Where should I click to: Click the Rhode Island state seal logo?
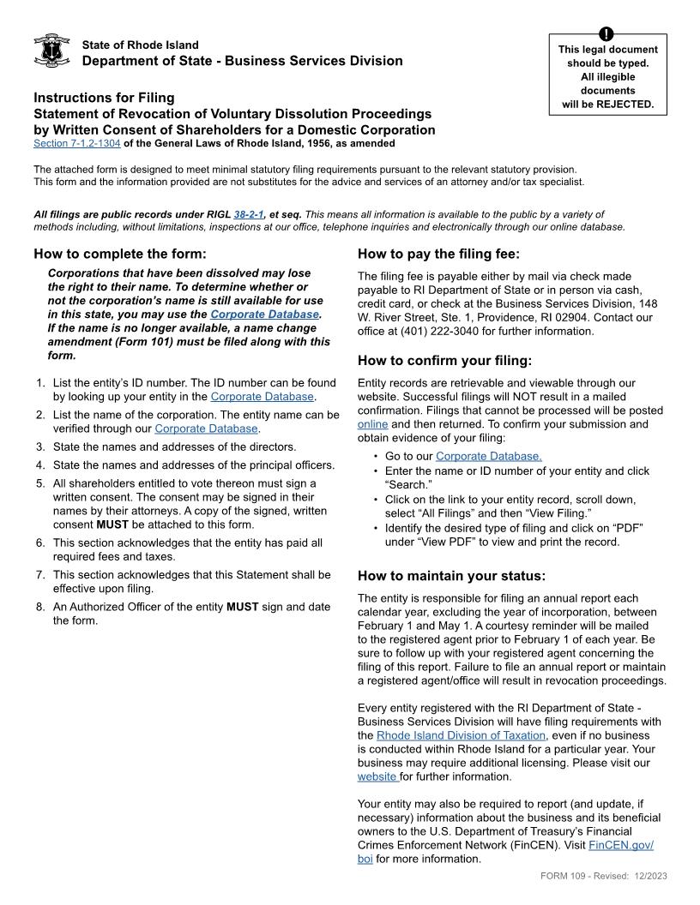(x=51, y=51)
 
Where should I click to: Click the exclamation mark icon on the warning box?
(x=607, y=34)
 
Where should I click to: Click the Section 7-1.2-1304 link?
(x=76, y=143)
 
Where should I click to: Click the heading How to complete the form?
(x=120, y=254)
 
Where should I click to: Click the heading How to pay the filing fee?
(x=438, y=254)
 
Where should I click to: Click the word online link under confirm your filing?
(x=372, y=424)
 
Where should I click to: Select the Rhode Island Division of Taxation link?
(x=461, y=735)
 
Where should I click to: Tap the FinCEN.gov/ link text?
(x=621, y=845)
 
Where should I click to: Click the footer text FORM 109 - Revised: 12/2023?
(x=604, y=875)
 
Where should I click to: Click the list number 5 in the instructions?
(x=39, y=483)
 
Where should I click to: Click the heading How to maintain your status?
(x=451, y=575)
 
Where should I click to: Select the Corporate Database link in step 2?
(x=206, y=429)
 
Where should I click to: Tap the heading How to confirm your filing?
(x=444, y=360)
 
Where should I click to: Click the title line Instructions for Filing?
(x=104, y=98)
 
